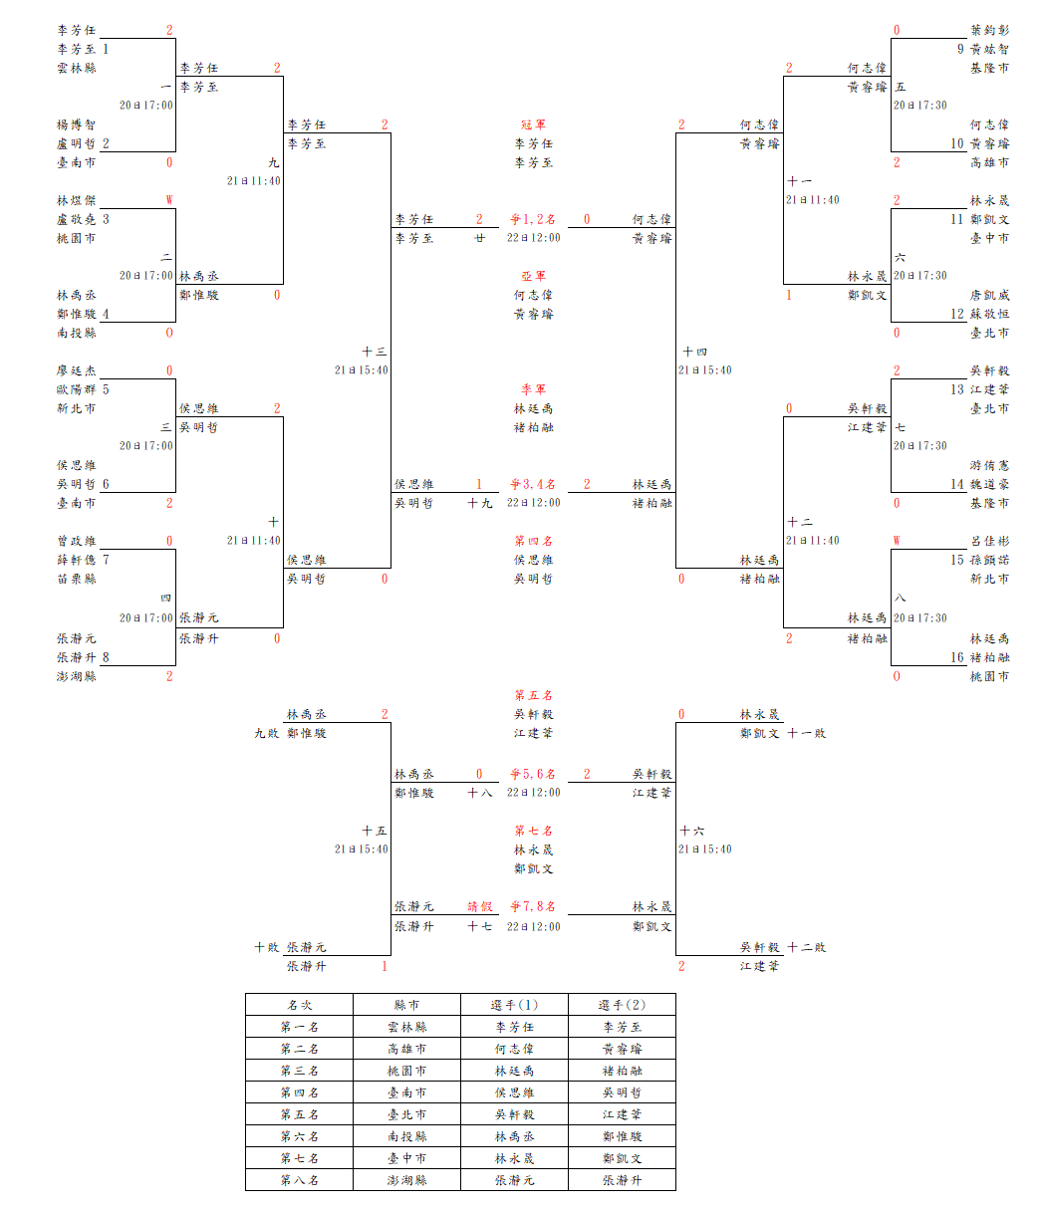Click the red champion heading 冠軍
coord(533,124)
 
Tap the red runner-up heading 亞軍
coord(533,276)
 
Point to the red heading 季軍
coord(533,389)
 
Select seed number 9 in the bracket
coord(960,49)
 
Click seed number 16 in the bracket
coord(957,657)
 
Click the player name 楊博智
coord(77,124)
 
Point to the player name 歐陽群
coord(77,389)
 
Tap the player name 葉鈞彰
coord(989,30)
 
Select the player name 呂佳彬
coord(989,541)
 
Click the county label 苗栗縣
coord(77,579)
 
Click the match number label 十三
coord(375,352)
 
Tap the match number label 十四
coord(694,352)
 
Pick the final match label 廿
coord(480,238)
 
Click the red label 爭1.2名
coord(533,219)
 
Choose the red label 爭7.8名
coord(533,907)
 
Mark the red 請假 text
coord(480,907)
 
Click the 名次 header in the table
coord(299,1005)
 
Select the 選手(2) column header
coord(622,1005)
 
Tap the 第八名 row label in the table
coord(299,1180)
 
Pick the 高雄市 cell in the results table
coord(406,1049)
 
